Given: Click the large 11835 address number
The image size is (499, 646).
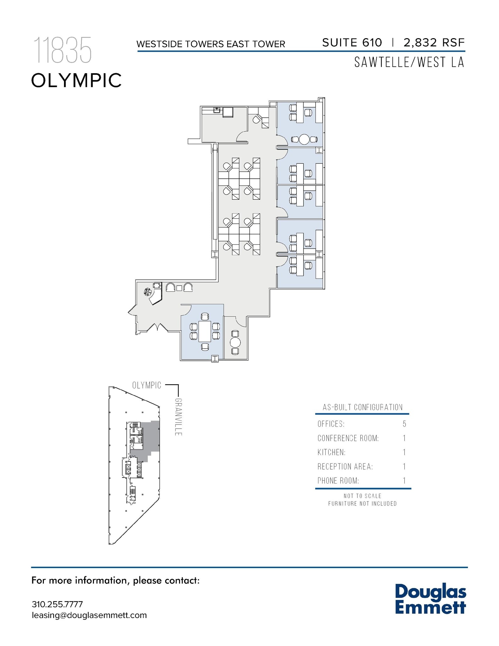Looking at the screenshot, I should (x=62, y=50).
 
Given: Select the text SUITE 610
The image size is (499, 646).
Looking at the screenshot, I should (x=352, y=43).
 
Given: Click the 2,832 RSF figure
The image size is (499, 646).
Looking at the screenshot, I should (x=434, y=43).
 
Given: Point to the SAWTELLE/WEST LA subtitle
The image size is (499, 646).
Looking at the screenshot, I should (x=409, y=62).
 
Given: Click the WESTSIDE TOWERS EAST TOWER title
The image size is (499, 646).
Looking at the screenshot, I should (x=211, y=44).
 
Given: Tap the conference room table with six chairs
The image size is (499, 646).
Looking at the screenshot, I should (x=205, y=331).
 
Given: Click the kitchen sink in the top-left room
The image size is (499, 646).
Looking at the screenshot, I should (x=217, y=110).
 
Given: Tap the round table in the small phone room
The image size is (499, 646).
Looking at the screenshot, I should (x=235, y=342).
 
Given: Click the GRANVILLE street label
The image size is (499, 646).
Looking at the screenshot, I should (x=178, y=417).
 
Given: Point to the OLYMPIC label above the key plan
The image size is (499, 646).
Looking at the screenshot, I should (x=147, y=385).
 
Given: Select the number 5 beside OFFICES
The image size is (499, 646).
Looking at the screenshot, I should (x=404, y=424).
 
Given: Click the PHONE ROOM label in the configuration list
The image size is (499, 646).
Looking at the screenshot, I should (x=338, y=481).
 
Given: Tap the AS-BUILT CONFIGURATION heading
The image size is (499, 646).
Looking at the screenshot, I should (x=363, y=407).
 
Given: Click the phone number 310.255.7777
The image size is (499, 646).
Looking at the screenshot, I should (x=57, y=604).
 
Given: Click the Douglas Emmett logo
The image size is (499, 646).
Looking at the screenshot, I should (x=430, y=599).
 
